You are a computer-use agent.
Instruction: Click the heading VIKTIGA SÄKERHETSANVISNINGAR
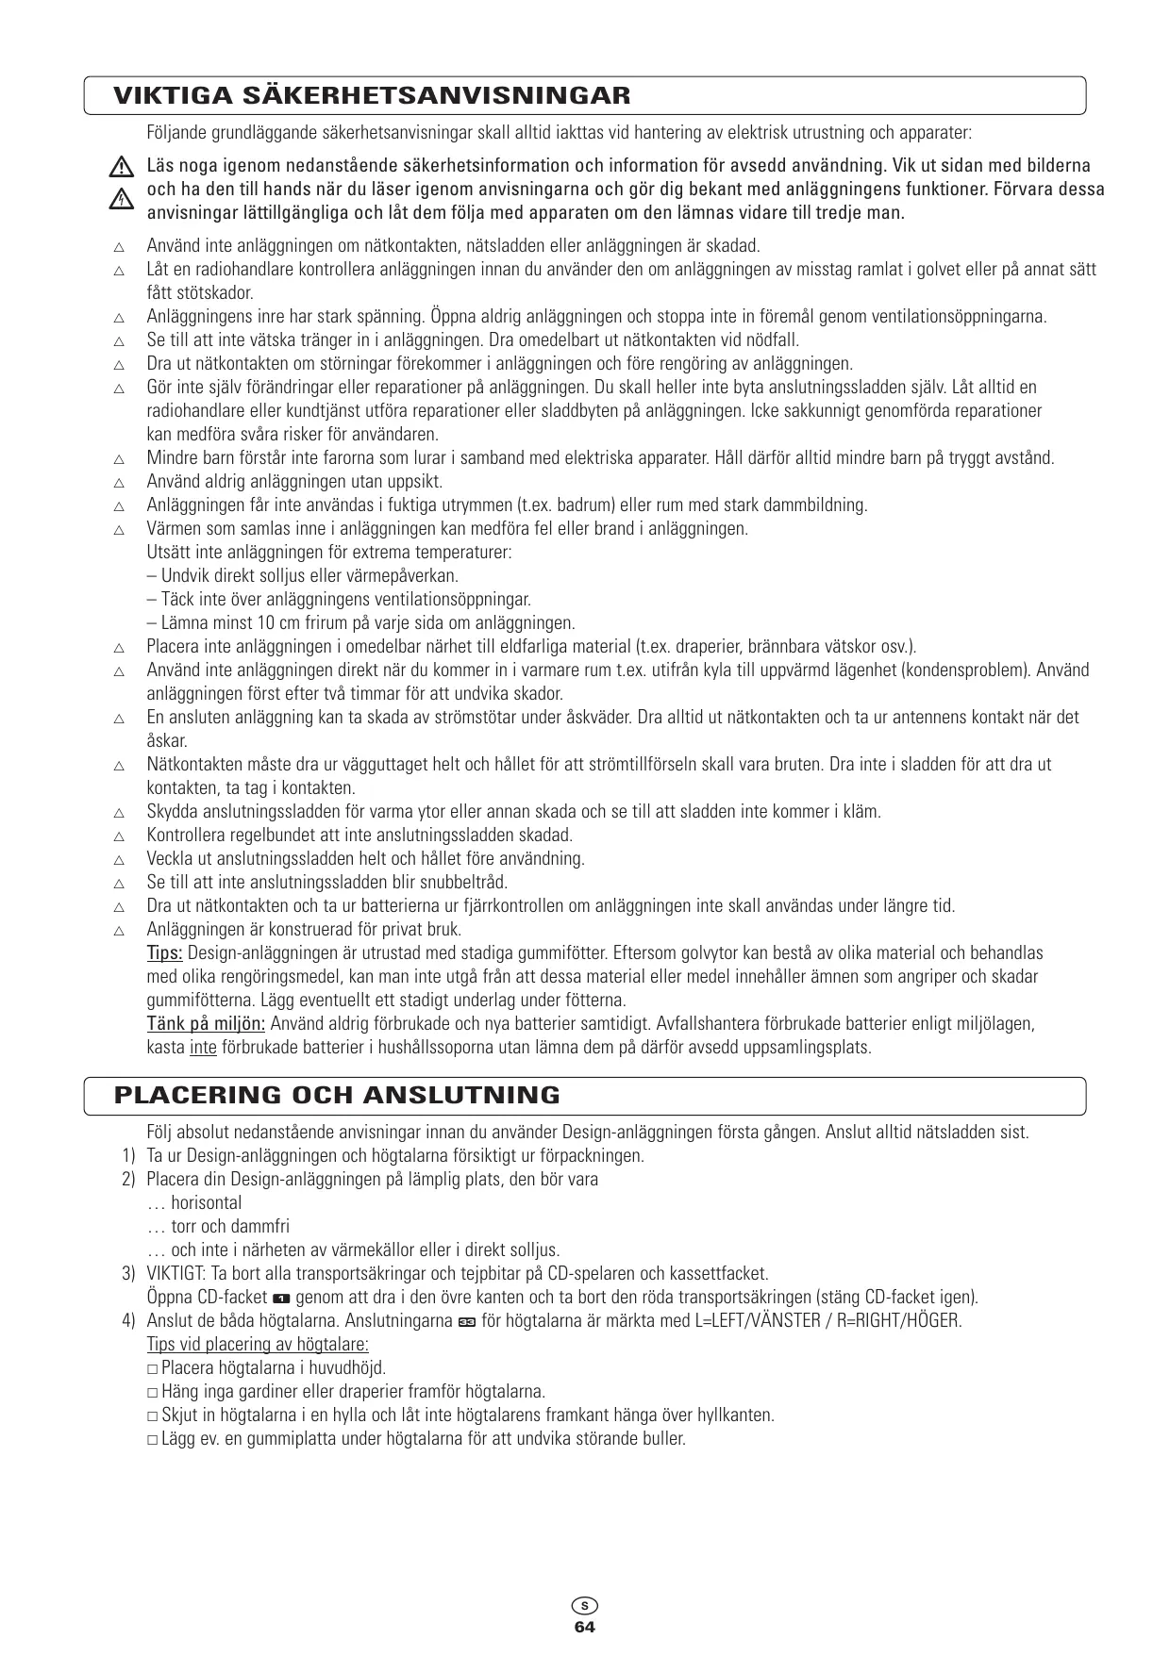coord(372,96)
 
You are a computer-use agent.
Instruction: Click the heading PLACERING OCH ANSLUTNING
coord(337,1096)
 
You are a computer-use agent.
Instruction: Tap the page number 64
coord(585,1628)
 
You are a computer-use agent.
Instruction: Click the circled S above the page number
coord(585,1606)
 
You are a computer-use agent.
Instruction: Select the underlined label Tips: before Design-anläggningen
coord(165,953)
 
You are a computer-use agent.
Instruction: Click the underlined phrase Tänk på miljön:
coord(206,1024)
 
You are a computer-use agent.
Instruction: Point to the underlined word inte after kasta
coord(203,1048)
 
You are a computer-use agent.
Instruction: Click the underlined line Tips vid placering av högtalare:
coord(258,1344)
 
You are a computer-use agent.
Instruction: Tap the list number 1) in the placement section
coord(128,1156)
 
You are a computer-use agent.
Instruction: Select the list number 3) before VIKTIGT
coord(128,1274)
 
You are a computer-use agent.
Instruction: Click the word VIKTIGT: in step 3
coord(176,1274)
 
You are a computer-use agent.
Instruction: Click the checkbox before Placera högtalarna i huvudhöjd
coord(153,1368)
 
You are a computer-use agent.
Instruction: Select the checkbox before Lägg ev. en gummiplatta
coord(153,1440)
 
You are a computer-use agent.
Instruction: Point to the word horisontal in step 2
coord(206,1203)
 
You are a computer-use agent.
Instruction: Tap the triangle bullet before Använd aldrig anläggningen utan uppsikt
coord(119,483)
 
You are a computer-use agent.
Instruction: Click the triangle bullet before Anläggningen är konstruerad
coord(119,931)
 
